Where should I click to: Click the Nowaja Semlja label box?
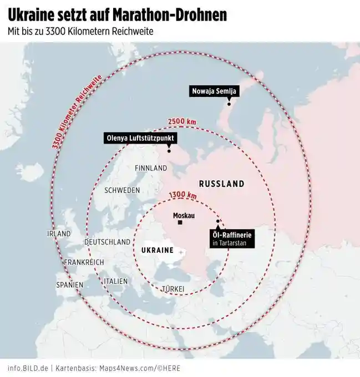(x=214, y=91)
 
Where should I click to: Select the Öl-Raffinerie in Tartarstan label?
(x=233, y=238)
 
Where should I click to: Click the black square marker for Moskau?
(x=180, y=223)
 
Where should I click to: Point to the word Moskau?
(x=184, y=215)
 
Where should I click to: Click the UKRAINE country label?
(x=158, y=251)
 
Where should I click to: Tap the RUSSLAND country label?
(x=221, y=184)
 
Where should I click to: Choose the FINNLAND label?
(x=151, y=168)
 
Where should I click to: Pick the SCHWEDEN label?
(x=122, y=190)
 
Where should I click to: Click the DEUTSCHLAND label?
(x=108, y=242)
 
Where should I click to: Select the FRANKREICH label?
(x=84, y=262)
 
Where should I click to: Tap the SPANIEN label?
(x=69, y=285)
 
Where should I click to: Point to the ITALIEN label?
(x=115, y=282)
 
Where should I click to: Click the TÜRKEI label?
(x=173, y=289)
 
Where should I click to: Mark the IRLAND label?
(x=59, y=234)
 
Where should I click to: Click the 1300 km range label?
(x=182, y=195)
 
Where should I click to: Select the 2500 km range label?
(x=182, y=121)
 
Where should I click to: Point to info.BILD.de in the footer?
(x=28, y=368)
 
